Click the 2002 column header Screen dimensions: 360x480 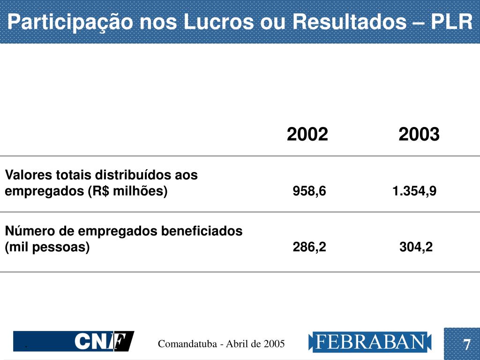(x=307, y=135)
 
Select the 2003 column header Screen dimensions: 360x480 (x=419, y=135)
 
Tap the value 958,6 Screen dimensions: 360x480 (x=309, y=191)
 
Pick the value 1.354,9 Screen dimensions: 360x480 (x=414, y=191)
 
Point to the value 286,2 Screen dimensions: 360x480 (x=309, y=247)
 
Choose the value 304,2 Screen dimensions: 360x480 (x=416, y=247)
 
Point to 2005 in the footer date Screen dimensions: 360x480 (x=274, y=344)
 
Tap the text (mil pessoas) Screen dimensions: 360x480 (x=47, y=247)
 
